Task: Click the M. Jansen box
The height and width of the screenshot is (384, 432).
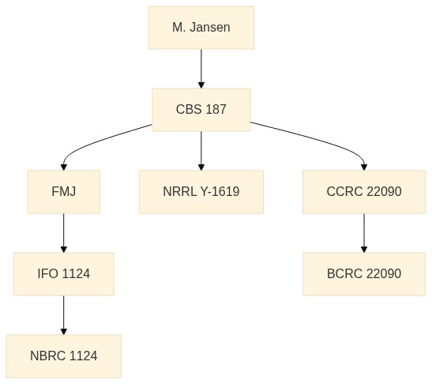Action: point(201,28)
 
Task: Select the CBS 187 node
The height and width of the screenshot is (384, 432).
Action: point(201,110)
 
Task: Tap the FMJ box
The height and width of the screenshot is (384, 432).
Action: point(64,192)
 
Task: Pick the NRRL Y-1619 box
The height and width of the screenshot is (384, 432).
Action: point(201,192)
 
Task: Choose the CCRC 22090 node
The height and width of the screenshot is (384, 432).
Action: point(364,192)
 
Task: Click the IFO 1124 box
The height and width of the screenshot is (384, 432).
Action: point(64,274)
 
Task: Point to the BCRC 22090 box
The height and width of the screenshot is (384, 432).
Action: point(364,274)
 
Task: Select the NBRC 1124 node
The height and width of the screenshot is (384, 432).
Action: point(64,356)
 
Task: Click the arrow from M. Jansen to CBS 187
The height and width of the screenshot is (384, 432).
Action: point(201,69)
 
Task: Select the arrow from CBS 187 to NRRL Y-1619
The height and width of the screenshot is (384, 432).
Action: point(201,151)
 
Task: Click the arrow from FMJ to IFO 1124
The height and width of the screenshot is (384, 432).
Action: point(64,233)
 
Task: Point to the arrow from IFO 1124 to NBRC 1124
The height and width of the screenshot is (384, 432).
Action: point(64,315)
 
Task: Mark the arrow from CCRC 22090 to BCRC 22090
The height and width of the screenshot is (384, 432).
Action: point(364,233)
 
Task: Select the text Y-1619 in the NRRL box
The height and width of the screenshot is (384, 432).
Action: point(220,191)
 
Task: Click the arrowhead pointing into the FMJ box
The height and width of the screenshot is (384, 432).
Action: point(64,168)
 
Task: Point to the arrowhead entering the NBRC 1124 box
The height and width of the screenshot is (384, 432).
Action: point(64,332)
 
